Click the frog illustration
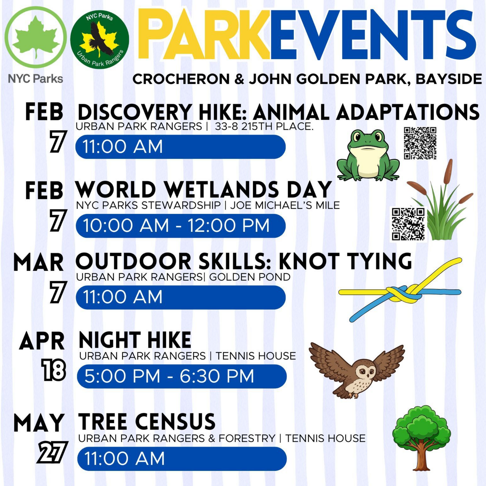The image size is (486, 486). point(368,155)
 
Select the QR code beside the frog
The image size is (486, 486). point(420,143)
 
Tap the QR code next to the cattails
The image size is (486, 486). point(408,224)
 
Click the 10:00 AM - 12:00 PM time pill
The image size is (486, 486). point(180,226)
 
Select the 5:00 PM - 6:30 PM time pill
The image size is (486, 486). point(182,376)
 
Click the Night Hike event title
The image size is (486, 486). point(135,340)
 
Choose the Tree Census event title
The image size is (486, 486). point(147,421)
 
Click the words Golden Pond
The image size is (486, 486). point(250,277)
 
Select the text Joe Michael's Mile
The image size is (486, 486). point(285,205)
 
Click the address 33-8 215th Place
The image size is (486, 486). point(264,126)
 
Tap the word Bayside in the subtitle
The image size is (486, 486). point(449,79)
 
